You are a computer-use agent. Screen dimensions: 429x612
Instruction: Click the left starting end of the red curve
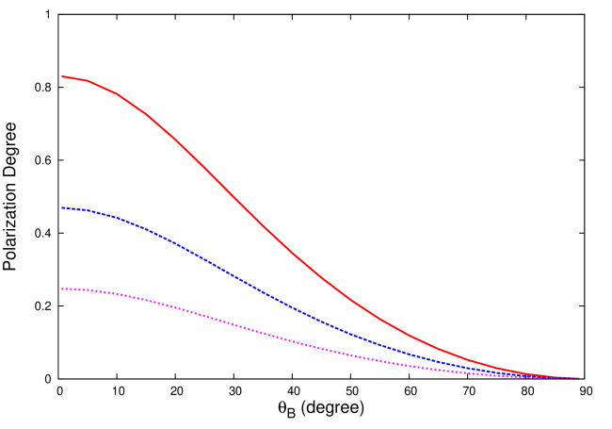click(62, 76)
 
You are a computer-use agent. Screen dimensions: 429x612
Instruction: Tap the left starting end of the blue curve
click(62, 207)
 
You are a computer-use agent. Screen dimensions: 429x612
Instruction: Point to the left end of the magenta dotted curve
click(62, 289)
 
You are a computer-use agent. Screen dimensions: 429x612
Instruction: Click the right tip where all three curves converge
click(577, 378)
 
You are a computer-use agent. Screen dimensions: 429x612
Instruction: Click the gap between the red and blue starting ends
click(62, 141)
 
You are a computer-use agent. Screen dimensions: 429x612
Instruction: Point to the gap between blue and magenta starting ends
click(62, 248)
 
